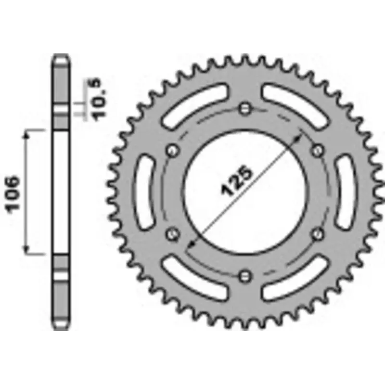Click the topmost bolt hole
point(245,107)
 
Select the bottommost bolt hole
point(245,275)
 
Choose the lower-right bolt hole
point(317,234)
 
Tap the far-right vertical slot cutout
point(346,192)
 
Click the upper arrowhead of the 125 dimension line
point(301,137)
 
